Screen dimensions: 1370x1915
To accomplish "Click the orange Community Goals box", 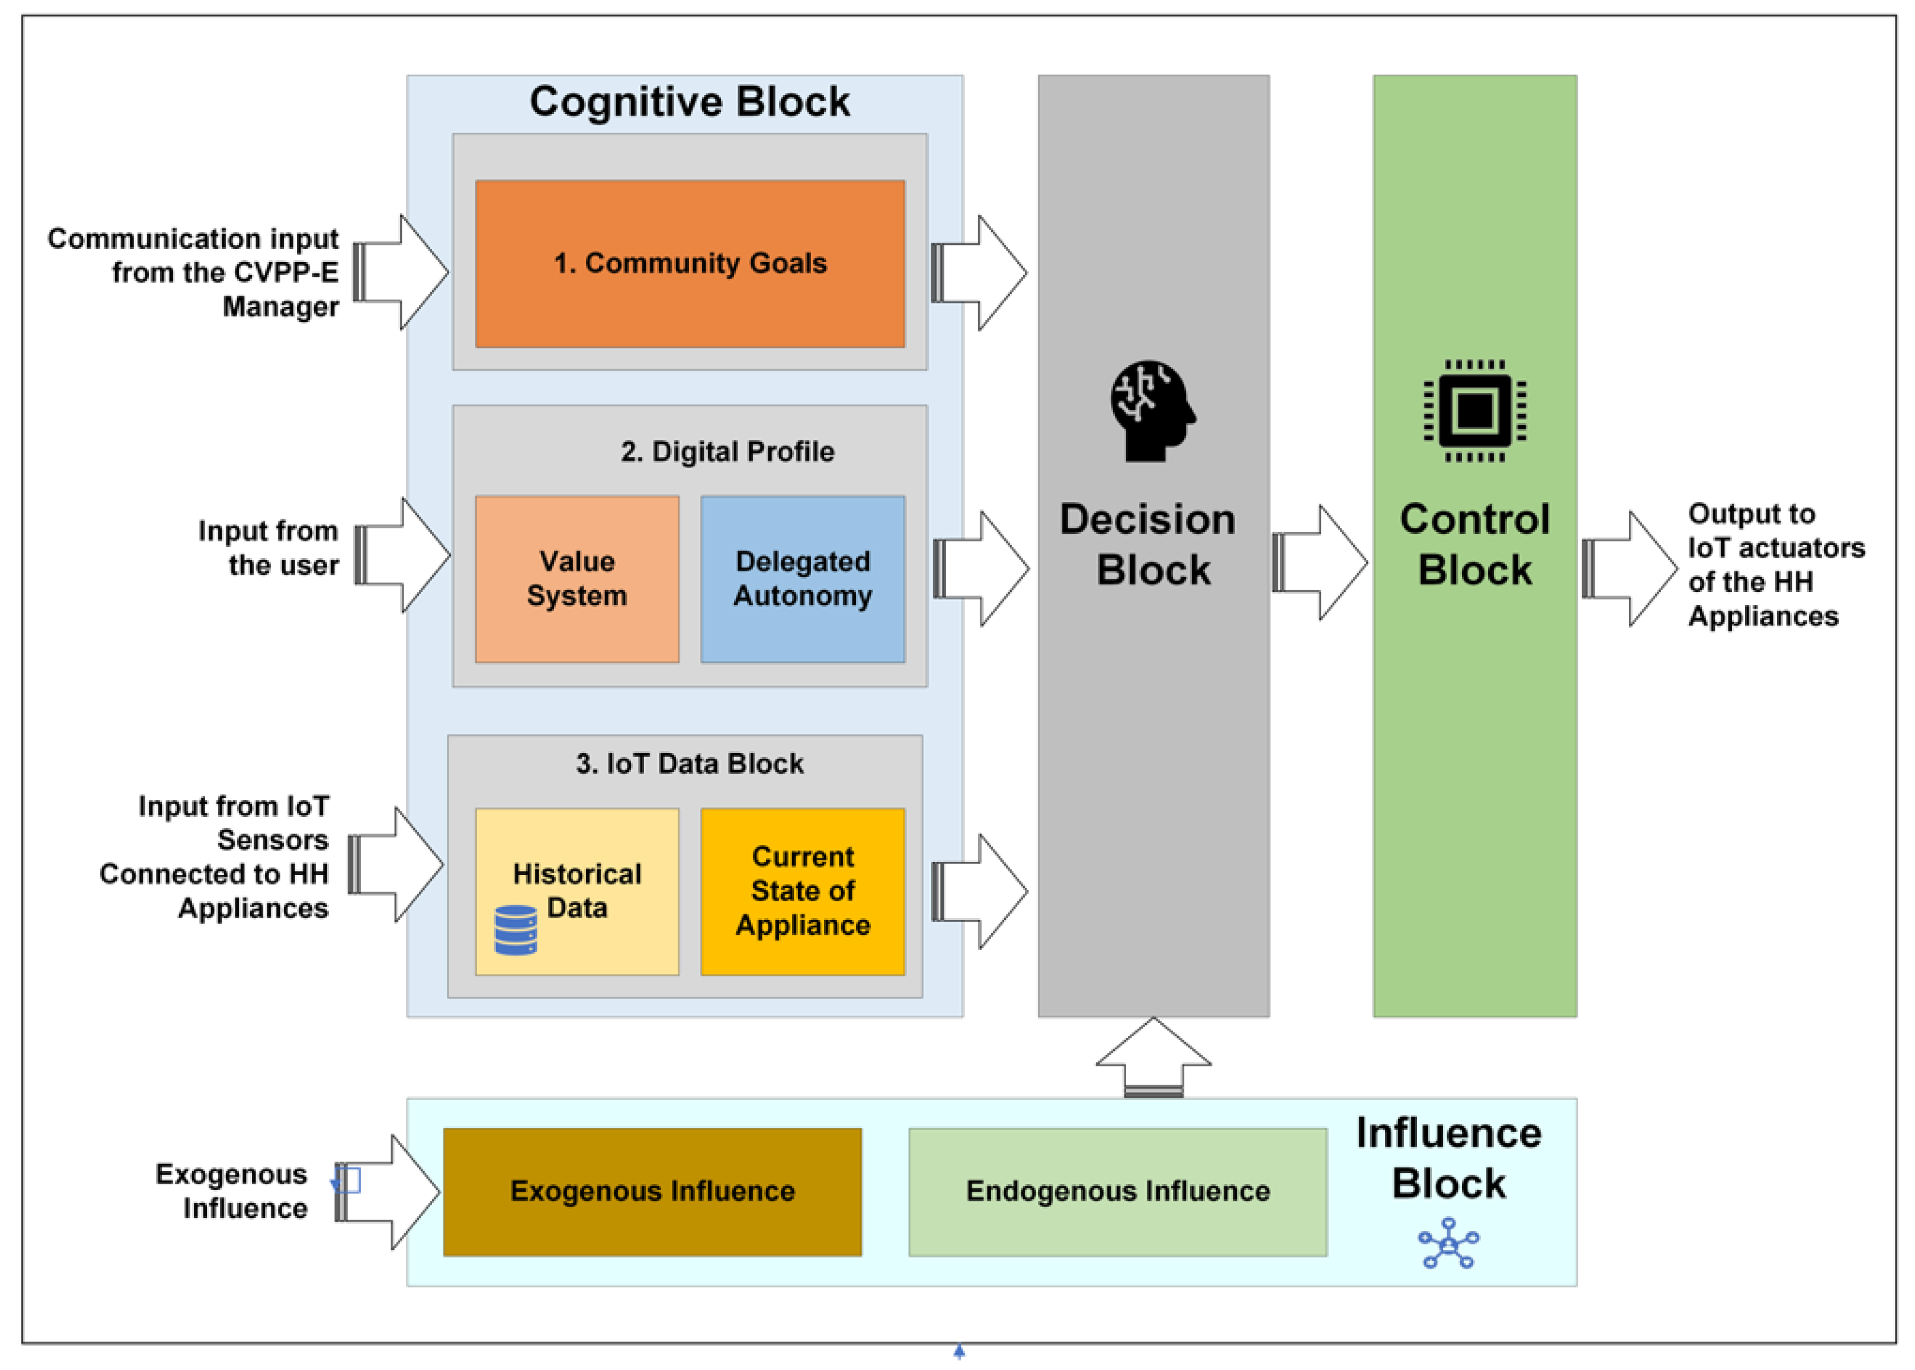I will click(690, 263).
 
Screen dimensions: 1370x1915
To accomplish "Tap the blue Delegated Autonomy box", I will click(802, 579).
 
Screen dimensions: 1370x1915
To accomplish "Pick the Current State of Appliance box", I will click(802, 891).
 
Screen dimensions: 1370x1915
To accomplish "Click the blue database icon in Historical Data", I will click(515, 930).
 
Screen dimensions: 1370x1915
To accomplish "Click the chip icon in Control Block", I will click(1474, 411).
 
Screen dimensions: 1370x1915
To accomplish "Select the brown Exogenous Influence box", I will click(653, 1191).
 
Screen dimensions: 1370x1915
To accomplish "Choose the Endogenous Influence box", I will click(1118, 1191).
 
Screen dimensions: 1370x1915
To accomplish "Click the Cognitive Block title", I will click(690, 102).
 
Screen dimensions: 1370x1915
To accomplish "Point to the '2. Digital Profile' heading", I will click(727, 452).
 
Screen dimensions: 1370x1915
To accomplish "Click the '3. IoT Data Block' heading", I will click(690, 763).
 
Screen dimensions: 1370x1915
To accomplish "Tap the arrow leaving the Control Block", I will click(1629, 569).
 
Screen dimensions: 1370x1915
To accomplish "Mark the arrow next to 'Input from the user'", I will click(402, 555).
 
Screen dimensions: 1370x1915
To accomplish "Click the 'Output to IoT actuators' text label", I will click(1775, 565).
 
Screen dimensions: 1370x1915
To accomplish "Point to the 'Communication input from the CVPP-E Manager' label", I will click(194, 272).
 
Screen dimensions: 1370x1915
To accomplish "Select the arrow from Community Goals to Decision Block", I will click(979, 272).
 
